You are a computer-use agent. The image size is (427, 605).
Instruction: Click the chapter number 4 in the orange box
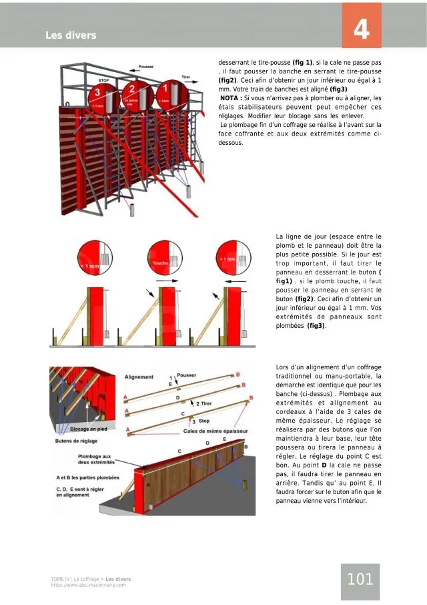pos(361,30)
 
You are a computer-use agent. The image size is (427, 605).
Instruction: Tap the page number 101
pos(360,579)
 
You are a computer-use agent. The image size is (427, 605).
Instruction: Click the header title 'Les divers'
pos(71,35)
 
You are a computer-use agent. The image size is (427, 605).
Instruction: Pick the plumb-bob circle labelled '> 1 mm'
pos(230,258)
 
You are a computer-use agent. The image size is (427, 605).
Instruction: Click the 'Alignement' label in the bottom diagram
pos(139,377)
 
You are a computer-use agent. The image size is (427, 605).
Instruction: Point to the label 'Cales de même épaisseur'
pos(210,431)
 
